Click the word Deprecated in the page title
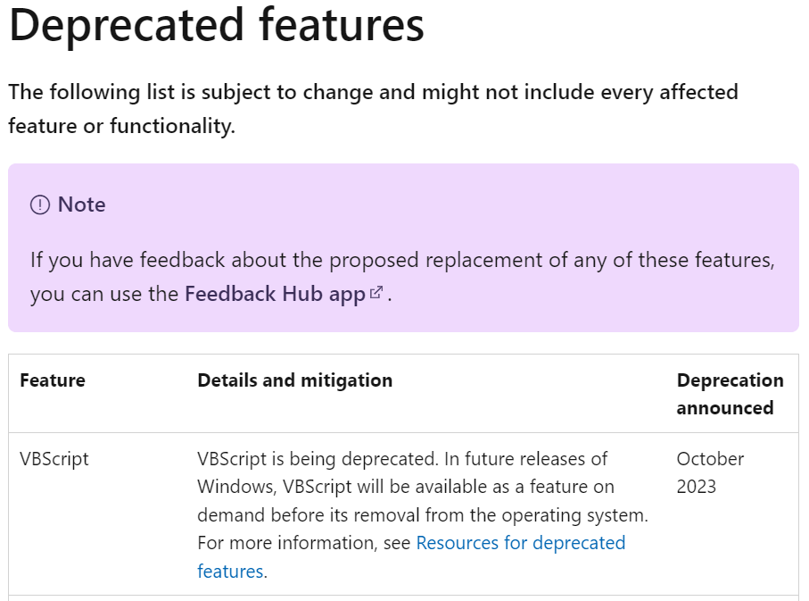127,26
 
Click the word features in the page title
342,25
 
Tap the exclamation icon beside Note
40,205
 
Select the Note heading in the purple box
81,205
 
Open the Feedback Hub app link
275,294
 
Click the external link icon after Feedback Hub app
376,293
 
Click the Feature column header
53,380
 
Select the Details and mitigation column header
294,380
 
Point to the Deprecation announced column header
730,395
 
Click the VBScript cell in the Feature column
54,459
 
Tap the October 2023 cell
711,472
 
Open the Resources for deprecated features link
411,557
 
